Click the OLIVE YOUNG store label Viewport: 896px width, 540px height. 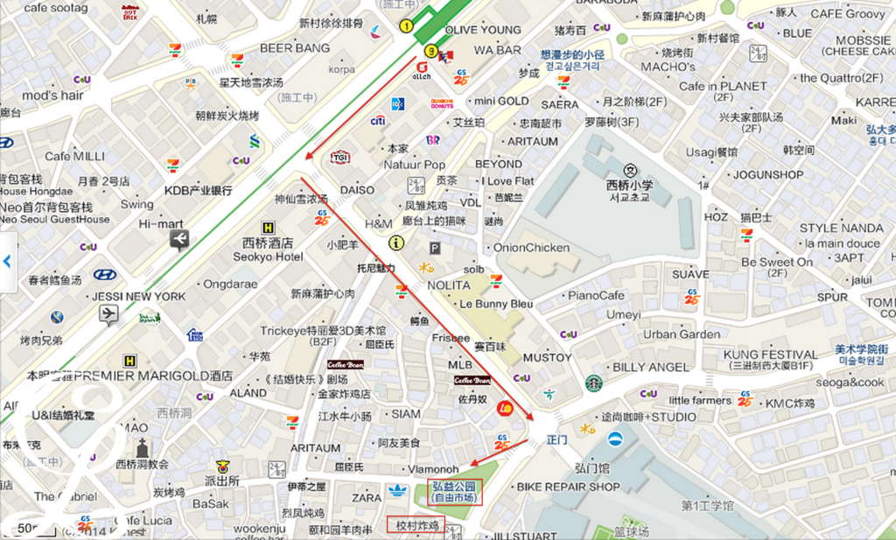483,30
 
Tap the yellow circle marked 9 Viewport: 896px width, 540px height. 430,52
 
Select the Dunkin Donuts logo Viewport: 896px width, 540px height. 442,103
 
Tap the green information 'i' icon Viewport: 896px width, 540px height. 396,242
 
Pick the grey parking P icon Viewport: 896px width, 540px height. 434,249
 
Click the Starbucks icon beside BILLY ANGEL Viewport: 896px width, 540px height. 594,383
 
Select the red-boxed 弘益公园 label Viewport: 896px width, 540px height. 454,492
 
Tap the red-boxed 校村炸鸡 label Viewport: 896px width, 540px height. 416,525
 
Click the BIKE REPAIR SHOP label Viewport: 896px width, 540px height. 568,487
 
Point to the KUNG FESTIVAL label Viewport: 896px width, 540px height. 771,354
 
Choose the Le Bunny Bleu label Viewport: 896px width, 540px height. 496,304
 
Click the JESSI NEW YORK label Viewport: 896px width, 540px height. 139,296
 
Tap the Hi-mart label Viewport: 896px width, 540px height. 161,223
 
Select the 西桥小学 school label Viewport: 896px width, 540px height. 629,186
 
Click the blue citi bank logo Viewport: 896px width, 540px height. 378,121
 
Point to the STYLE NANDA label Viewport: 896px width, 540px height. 841,228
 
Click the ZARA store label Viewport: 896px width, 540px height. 367,497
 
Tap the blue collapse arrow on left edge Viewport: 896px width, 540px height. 7,261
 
